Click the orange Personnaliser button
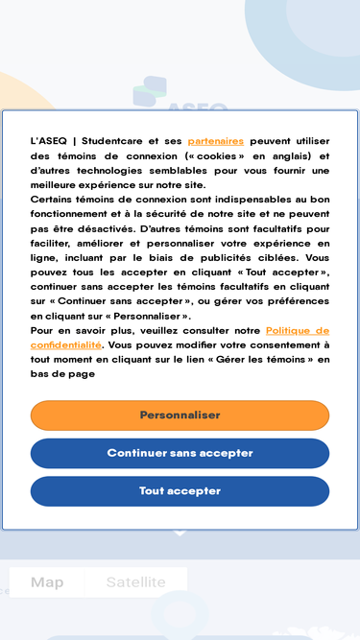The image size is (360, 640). (x=180, y=415)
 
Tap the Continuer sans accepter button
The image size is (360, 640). (x=180, y=453)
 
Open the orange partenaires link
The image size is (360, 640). (x=215, y=141)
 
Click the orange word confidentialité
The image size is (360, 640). (x=65, y=344)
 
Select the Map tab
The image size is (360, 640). (x=47, y=581)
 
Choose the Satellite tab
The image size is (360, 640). (x=135, y=581)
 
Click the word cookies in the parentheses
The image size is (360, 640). (x=216, y=155)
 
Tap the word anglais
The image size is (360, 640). (x=292, y=155)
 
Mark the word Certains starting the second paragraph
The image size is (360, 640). (x=53, y=200)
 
